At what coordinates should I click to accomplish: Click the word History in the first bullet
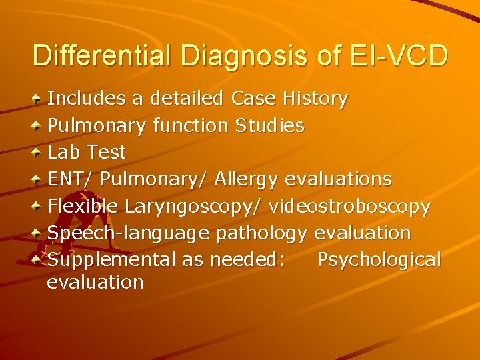(x=315, y=99)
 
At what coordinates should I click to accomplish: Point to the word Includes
(x=87, y=99)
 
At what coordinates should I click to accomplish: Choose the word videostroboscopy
(x=350, y=207)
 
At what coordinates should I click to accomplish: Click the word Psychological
(x=379, y=259)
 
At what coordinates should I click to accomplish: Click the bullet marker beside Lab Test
(x=39, y=153)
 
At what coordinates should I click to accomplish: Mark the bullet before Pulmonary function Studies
(x=39, y=125)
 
